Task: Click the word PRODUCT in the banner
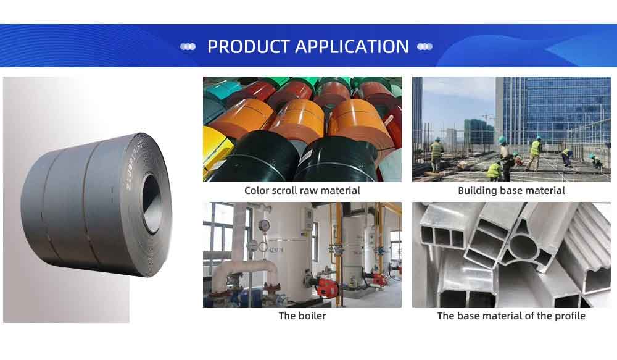pyautogui.click(x=249, y=46)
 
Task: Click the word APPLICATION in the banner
pyautogui.click(x=352, y=46)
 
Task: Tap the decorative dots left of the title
pyautogui.click(x=188, y=47)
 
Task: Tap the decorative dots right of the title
pyautogui.click(x=424, y=47)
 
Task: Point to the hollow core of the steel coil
pyautogui.click(x=152, y=203)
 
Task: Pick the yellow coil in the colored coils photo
pyautogui.click(x=213, y=152)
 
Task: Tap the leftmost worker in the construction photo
pyautogui.click(x=436, y=154)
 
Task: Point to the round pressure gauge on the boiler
pyautogui.click(x=264, y=225)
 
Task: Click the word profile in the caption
pyautogui.click(x=570, y=316)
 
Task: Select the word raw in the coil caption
pyautogui.click(x=305, y=191)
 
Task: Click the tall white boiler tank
pyautogui.click(x=291, y=252)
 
